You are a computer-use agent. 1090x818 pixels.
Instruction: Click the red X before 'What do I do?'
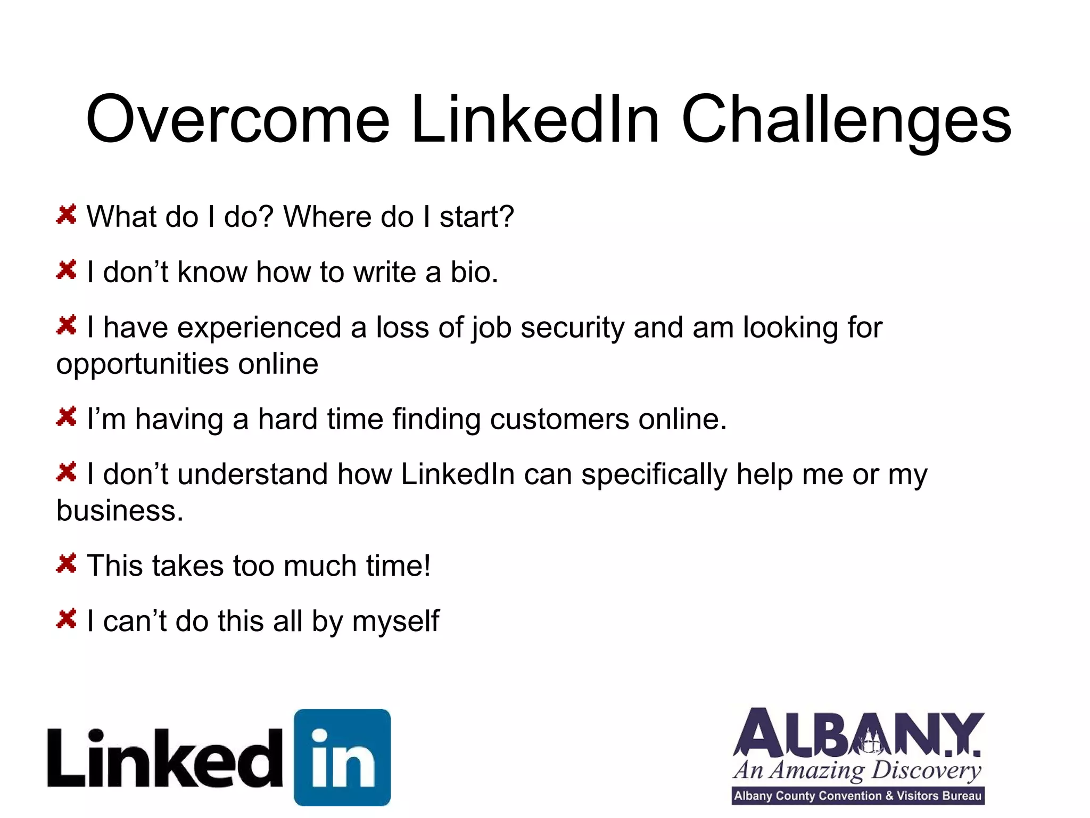[67, 215]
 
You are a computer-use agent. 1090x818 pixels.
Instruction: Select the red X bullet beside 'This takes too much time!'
[67, 563]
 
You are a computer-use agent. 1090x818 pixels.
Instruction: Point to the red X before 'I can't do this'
[67, 619]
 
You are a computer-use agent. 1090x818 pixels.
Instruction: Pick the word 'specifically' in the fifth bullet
[654, 475]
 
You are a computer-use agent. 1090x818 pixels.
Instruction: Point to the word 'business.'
[120, 511]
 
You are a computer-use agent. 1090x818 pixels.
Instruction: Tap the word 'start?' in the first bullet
[476, 217]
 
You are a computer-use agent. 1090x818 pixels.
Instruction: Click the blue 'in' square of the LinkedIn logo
[342, 757]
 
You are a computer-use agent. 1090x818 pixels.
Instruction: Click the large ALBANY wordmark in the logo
[857, 733]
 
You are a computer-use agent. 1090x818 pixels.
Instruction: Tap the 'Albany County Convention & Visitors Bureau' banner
[857, 796]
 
